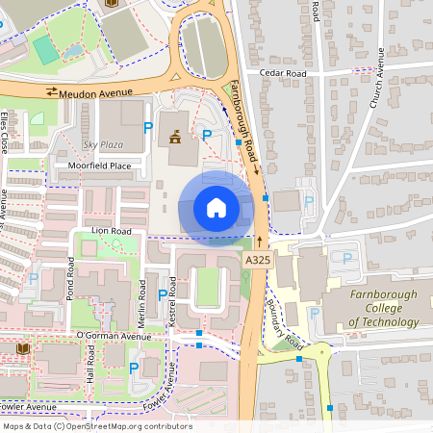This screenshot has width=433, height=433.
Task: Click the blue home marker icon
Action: (x=216, y=207)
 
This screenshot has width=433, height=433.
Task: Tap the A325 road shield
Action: (x=257, y=260)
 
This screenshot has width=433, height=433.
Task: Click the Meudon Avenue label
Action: (x=95, y=91)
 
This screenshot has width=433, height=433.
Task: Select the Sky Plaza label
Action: (x=104, y=143)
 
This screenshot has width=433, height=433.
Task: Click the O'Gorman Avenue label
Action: (x=114, y=336)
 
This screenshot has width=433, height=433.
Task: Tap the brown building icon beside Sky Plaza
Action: (x=175, y=139)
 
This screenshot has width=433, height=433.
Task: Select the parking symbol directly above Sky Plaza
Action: (x=147, y=126)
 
